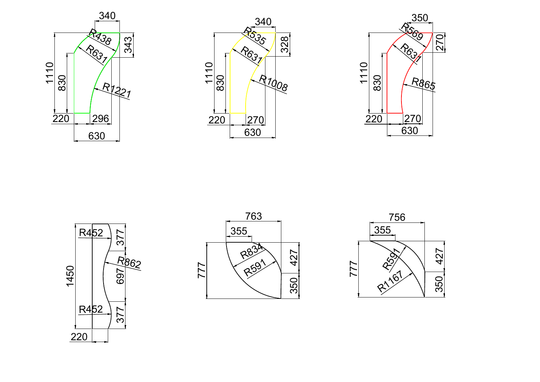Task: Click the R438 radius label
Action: (x=100, y=37)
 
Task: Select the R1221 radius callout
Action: (x=117, y=90)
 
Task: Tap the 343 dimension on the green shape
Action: (x=128, y=45)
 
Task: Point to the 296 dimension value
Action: (x=100, y=119)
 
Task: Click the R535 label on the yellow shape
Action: (x=255, y=36)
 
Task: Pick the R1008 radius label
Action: (x=273, y=83)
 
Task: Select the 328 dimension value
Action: (x=285, y=45)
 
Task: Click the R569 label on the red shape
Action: (x=412, y=31)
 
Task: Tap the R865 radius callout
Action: (x=423, y=83)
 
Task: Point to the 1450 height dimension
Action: (x=70, y=276)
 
